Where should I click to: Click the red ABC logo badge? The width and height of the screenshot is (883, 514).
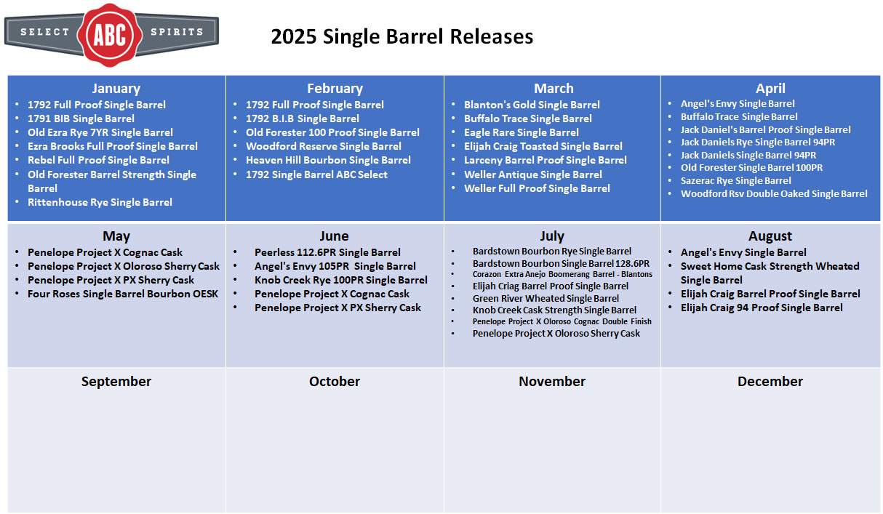coord(110,35)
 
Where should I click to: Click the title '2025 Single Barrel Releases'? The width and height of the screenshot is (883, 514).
coord(401,36)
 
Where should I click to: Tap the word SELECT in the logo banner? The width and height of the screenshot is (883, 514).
coord(44,32)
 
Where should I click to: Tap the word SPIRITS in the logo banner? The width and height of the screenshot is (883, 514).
coord(177,32)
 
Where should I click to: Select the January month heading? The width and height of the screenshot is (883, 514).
coord(116,88)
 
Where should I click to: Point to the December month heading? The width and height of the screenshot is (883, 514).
coord(770,381)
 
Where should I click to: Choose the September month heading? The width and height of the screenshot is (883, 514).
coord(116,381)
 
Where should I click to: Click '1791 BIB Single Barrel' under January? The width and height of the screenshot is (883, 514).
coord(81,119)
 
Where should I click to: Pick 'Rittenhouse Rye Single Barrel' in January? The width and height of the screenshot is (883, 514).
coord(100,202)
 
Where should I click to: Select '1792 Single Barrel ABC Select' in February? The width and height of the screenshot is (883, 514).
coord(316,174)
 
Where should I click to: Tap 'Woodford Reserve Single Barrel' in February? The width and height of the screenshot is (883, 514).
coord(323,147)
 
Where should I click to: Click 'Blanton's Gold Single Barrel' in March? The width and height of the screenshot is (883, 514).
coord(532,105)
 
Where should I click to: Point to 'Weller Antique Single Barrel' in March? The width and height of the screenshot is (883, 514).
coord(533,174)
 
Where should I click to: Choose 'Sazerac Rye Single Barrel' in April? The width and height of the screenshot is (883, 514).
coord(735,181)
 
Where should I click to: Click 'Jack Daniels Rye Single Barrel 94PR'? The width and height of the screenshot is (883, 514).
coord(758,142)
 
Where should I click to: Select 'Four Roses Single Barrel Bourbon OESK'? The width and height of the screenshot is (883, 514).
coord(123,294)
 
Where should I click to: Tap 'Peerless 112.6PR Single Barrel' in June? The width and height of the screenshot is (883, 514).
coord(327,252)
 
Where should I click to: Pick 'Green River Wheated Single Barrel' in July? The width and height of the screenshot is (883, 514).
coord(546,299)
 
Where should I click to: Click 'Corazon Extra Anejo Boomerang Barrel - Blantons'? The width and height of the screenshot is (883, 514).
coord(562,275)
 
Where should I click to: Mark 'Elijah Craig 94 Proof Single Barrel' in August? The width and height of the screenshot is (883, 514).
coord(762,308)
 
